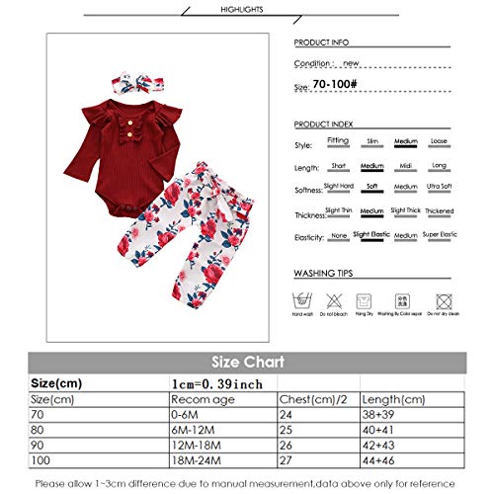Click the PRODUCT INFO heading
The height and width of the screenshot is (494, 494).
pos(324,43)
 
